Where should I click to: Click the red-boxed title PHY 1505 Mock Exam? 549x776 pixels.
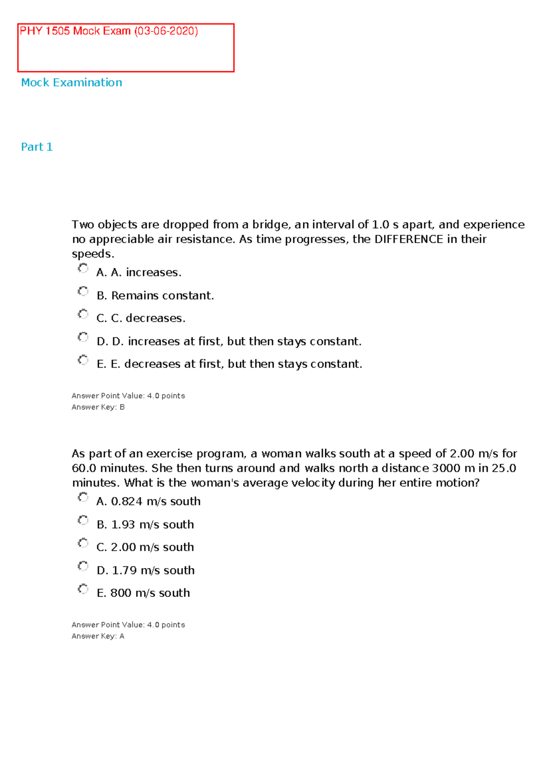tap(108, 31)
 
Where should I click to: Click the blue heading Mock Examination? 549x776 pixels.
tap(71, 82)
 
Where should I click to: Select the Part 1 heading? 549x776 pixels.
tap(37, 147)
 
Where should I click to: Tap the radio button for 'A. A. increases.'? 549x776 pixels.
tap(83, 268)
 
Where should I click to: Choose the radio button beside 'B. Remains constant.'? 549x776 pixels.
tap(83, 291)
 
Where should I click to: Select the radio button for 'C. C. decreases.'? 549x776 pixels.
tap(83, 314)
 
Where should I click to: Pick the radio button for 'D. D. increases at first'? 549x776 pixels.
tap(83, 337)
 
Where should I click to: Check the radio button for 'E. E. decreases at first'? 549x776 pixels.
tap(83, 360)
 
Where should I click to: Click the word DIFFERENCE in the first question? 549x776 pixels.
tap(409, 239)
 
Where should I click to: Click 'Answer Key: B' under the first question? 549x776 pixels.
tap(98, 407)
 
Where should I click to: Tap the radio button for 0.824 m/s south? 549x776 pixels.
tap(83, 497)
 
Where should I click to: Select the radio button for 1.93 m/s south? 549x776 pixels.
tap(83, 520)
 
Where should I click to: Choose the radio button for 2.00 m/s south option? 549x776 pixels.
tap(83, 543)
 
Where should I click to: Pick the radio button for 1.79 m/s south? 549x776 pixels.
tap(83, 566)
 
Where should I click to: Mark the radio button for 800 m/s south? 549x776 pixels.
tap(83, 589)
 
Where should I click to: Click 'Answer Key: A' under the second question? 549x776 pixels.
tap(98, 636)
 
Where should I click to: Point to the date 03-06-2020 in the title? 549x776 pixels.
tap(166, 31)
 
